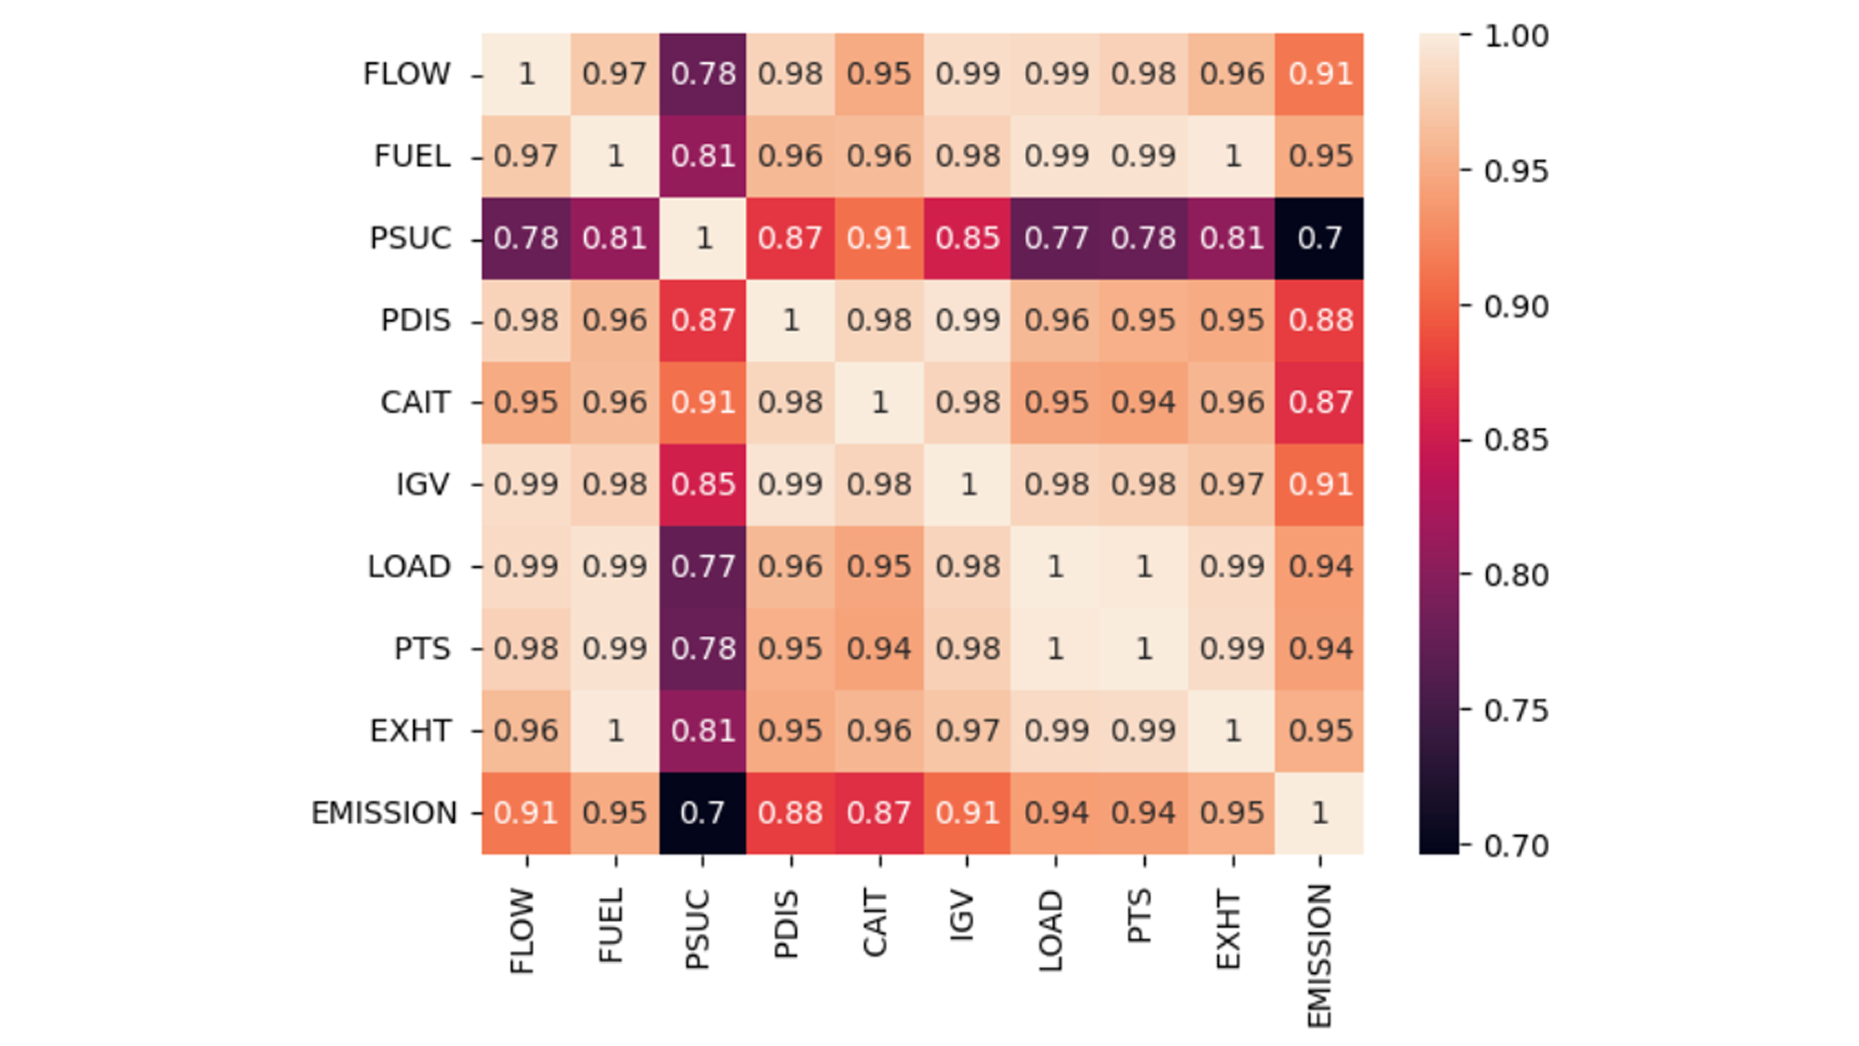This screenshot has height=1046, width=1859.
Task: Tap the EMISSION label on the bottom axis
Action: pyautogui.click(x=1319, y=955)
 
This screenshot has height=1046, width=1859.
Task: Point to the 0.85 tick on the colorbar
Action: pyautogui.click(x=1515, y=440)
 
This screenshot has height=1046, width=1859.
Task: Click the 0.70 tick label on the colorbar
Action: pyautogui.click(x=1515, y=846)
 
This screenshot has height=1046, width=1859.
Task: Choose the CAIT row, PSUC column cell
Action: pyautogui.click(x=703, y=402)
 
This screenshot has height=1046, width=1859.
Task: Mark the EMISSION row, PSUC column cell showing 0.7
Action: pyautogui.click(x=703, y=813)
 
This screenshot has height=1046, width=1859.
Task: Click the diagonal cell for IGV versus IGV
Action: pyautogui.click(x=968, y=484)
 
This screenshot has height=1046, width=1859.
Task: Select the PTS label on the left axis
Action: pyautogui.click(x=422, y=649)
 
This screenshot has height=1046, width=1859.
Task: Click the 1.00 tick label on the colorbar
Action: pyautogui.click(x=1515, y=35)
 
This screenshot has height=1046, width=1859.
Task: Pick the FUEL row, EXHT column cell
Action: pyautogui.click(x=1232, y=156)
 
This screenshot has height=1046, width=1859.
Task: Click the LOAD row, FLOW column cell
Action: pyautogui.click(x=526, y=567)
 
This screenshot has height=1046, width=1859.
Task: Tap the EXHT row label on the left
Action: pyautogui.click(x=411, y=731)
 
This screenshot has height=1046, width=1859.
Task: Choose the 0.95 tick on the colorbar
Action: pyautogui.click(x=1515, y=171)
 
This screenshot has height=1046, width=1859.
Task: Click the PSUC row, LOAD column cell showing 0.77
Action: pyautogui.click(x=1055, y=238)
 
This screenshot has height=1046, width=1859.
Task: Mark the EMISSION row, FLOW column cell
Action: pyautogui.click(x=526, y=813)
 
